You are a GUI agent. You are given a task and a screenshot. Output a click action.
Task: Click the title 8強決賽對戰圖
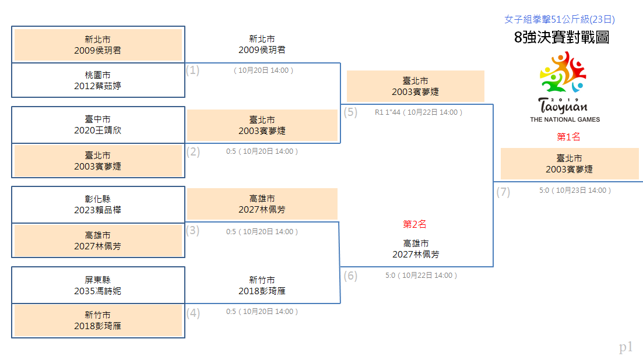tap(561, 37)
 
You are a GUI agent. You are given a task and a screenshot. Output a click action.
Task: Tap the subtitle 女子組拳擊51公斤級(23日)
tap(559, 19)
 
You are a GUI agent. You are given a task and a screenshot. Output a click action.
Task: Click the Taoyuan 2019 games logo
tap(564, 86)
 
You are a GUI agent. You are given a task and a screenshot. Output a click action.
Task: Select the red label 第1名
tap(568, 137)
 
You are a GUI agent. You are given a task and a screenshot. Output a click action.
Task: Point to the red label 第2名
tap(414, 224)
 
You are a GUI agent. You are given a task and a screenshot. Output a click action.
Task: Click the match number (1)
tap(193, 70)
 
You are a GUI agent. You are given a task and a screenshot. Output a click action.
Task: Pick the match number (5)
tap(350, 112)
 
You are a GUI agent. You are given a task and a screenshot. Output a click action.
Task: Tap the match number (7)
tap(503, 192)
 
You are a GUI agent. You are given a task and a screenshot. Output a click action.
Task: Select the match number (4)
tap(193, 313)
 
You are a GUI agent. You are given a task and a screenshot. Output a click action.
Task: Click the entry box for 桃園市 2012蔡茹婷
tap(98, 80)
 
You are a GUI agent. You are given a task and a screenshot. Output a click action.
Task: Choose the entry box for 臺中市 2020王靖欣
tap(98, 125)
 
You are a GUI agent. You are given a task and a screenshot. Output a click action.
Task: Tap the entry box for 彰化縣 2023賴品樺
tap(98, 205)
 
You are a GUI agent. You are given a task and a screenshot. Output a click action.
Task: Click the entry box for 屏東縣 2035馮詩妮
tap(98, 285)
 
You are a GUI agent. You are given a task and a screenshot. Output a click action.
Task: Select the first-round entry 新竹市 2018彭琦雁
tap(98, 321)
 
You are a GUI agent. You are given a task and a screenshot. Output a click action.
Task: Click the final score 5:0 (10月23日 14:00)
tap(575, 190)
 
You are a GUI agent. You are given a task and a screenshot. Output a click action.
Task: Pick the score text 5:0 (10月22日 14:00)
tap(421, 275)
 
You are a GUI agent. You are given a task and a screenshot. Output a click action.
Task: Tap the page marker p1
tap(626, 347)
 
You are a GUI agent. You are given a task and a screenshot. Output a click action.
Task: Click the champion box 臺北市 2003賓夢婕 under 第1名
tap(570, 164)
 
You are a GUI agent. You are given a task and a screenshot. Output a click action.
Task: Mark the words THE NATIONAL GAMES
tap(565, 119)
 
